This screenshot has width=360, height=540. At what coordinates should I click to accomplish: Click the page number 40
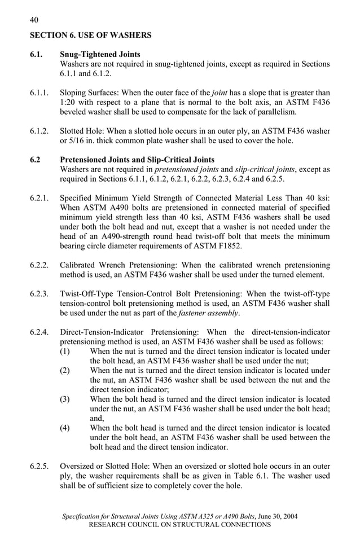[x=34, y=20]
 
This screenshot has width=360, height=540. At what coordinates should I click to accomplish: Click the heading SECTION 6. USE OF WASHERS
[x=91, y=35]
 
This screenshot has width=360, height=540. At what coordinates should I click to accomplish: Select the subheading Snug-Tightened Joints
[x=100, y=55]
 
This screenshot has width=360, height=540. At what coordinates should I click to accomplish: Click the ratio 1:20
[x=69, y=102]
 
